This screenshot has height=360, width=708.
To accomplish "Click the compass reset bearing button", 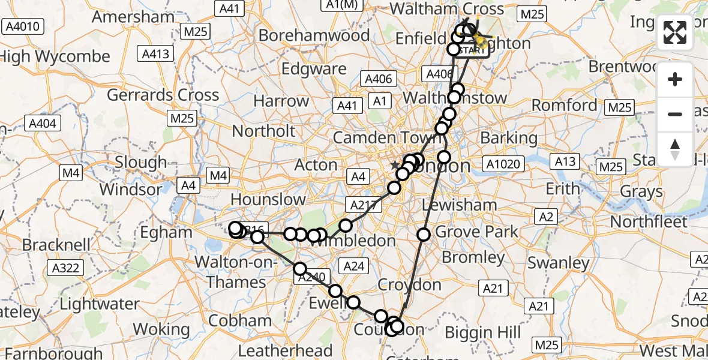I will point(675,149).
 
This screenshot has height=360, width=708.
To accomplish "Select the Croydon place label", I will point(409,284).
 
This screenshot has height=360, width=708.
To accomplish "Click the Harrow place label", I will point(281,100).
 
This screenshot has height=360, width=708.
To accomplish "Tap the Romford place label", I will point(565,106).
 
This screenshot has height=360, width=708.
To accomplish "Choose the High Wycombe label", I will point(55,57).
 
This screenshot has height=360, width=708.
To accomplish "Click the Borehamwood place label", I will point(314,35).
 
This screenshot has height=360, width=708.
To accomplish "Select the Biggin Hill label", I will point(487,332).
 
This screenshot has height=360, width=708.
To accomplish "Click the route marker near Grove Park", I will point(424,234).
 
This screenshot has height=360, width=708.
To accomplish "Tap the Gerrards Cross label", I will point(163,95).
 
